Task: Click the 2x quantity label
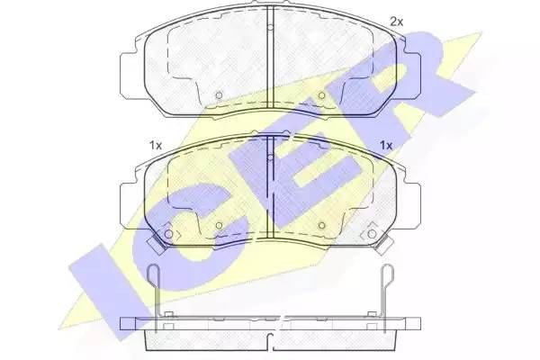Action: tap(396, 21)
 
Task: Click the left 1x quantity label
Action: tap(155, 144)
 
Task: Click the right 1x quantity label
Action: tap(386, 144)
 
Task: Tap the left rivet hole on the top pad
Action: tap(219, 94)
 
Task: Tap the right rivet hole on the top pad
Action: tap(321, 94)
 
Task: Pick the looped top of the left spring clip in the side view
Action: tap(155, 274)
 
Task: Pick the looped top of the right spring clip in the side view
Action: tap(386, 274)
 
